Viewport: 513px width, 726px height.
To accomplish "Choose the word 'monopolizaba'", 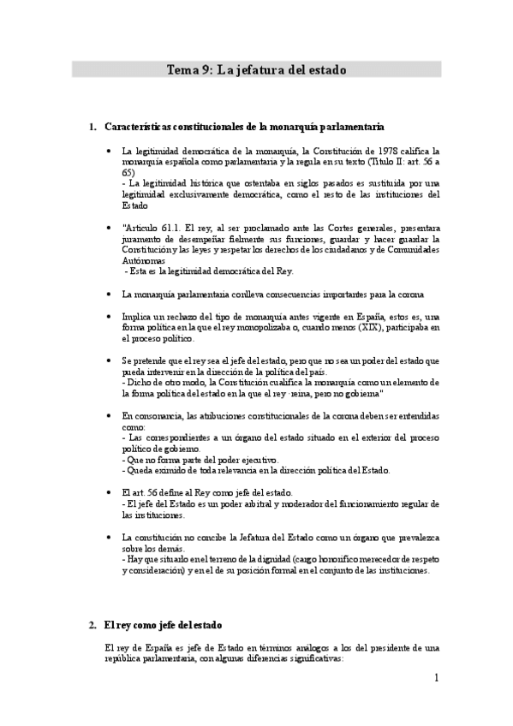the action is click(252, 327).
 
